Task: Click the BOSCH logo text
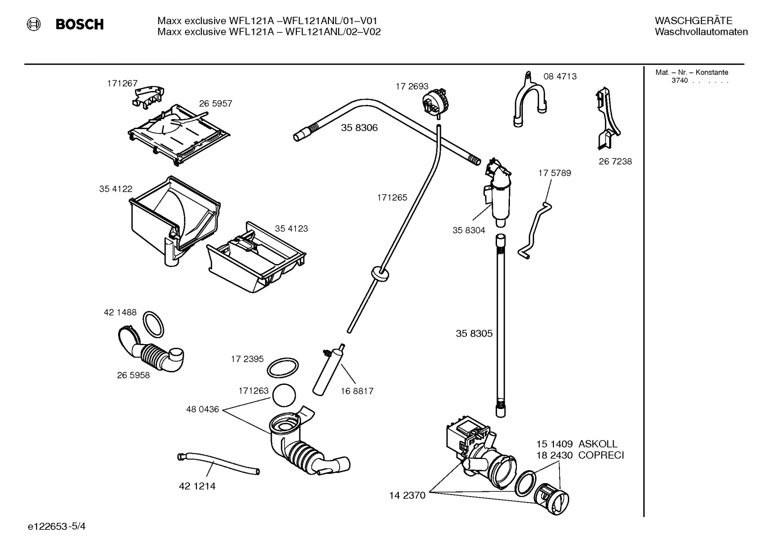click(x=79, y=25)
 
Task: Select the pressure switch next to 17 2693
click(x=435, y=103)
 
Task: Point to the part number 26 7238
click(x=615, y=162)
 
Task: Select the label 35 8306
click(x=359, y=128)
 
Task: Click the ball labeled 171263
click(x=284, y=396)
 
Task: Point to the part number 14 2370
click(x=407, y=495)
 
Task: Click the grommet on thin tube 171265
click(x=379, y=273)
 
